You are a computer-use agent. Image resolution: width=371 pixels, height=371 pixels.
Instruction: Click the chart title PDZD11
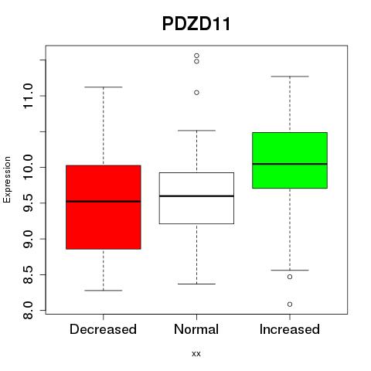[x=196, y=24]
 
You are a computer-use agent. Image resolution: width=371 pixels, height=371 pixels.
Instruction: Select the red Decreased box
[x=104, y=207]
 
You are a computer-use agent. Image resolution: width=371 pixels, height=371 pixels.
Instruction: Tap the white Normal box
[x=196, y=198]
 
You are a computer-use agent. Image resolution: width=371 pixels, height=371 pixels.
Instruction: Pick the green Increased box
[x=290, y=160]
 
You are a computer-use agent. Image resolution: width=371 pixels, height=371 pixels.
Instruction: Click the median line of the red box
[x=104, y=202]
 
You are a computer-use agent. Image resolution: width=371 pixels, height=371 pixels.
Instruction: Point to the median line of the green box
[x=290, y=164]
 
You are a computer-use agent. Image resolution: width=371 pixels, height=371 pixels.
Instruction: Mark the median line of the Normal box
[x=196, y=196]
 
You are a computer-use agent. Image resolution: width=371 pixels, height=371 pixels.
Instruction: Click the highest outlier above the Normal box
[x=196, y=56]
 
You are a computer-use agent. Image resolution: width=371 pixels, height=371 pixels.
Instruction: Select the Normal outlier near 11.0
[x=196, y=93]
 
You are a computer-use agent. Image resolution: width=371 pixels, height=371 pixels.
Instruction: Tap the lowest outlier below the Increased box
[x=290, y=305]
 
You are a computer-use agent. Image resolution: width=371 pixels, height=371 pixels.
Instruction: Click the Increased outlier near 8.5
[x=290, y=277]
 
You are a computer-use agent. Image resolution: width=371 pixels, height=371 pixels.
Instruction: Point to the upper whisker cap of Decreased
[x=104, y=87]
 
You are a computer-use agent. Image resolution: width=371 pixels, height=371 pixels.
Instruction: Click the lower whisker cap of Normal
[x=196, y=284]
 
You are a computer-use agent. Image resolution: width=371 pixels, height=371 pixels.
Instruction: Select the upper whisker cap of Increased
[x=290, y=77]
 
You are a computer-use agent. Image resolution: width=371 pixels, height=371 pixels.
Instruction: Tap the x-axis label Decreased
[x=103, y=329]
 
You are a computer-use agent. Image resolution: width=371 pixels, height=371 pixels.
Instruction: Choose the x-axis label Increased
[x=290, y=329]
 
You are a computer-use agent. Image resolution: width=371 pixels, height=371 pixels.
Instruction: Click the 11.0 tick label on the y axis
[x=28, y=96]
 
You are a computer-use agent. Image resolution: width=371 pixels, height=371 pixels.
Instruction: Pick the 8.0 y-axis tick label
[x=28, y=311]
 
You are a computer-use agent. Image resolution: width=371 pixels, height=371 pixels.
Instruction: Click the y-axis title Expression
[x=7, y=179]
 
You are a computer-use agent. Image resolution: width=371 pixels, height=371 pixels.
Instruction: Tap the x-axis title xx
[x=196, y=354]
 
